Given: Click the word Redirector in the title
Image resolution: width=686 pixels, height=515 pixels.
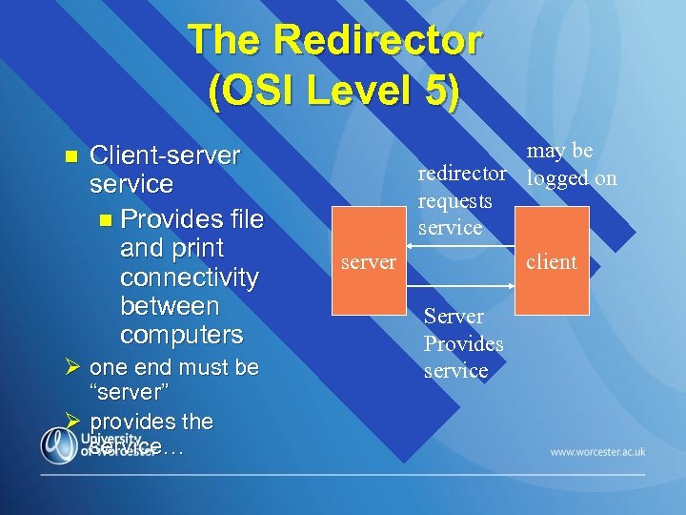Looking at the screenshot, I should click(379, 41).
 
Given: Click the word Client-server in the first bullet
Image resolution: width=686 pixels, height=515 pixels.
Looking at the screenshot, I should click(164, 154).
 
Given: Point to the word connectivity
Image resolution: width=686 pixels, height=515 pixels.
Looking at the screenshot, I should click(189, 278).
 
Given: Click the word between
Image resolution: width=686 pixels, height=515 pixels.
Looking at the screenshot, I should click(170, 306).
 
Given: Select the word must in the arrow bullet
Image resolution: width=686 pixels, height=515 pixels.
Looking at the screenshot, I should click(204, 368).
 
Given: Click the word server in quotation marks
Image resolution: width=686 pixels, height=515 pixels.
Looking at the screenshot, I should click(128, 393).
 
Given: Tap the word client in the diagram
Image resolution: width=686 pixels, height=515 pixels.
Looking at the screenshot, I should click(552, 261).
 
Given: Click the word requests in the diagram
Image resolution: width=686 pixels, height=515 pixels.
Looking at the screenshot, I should click(454, 200).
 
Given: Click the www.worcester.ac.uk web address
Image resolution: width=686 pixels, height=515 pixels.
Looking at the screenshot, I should click(597, 452).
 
